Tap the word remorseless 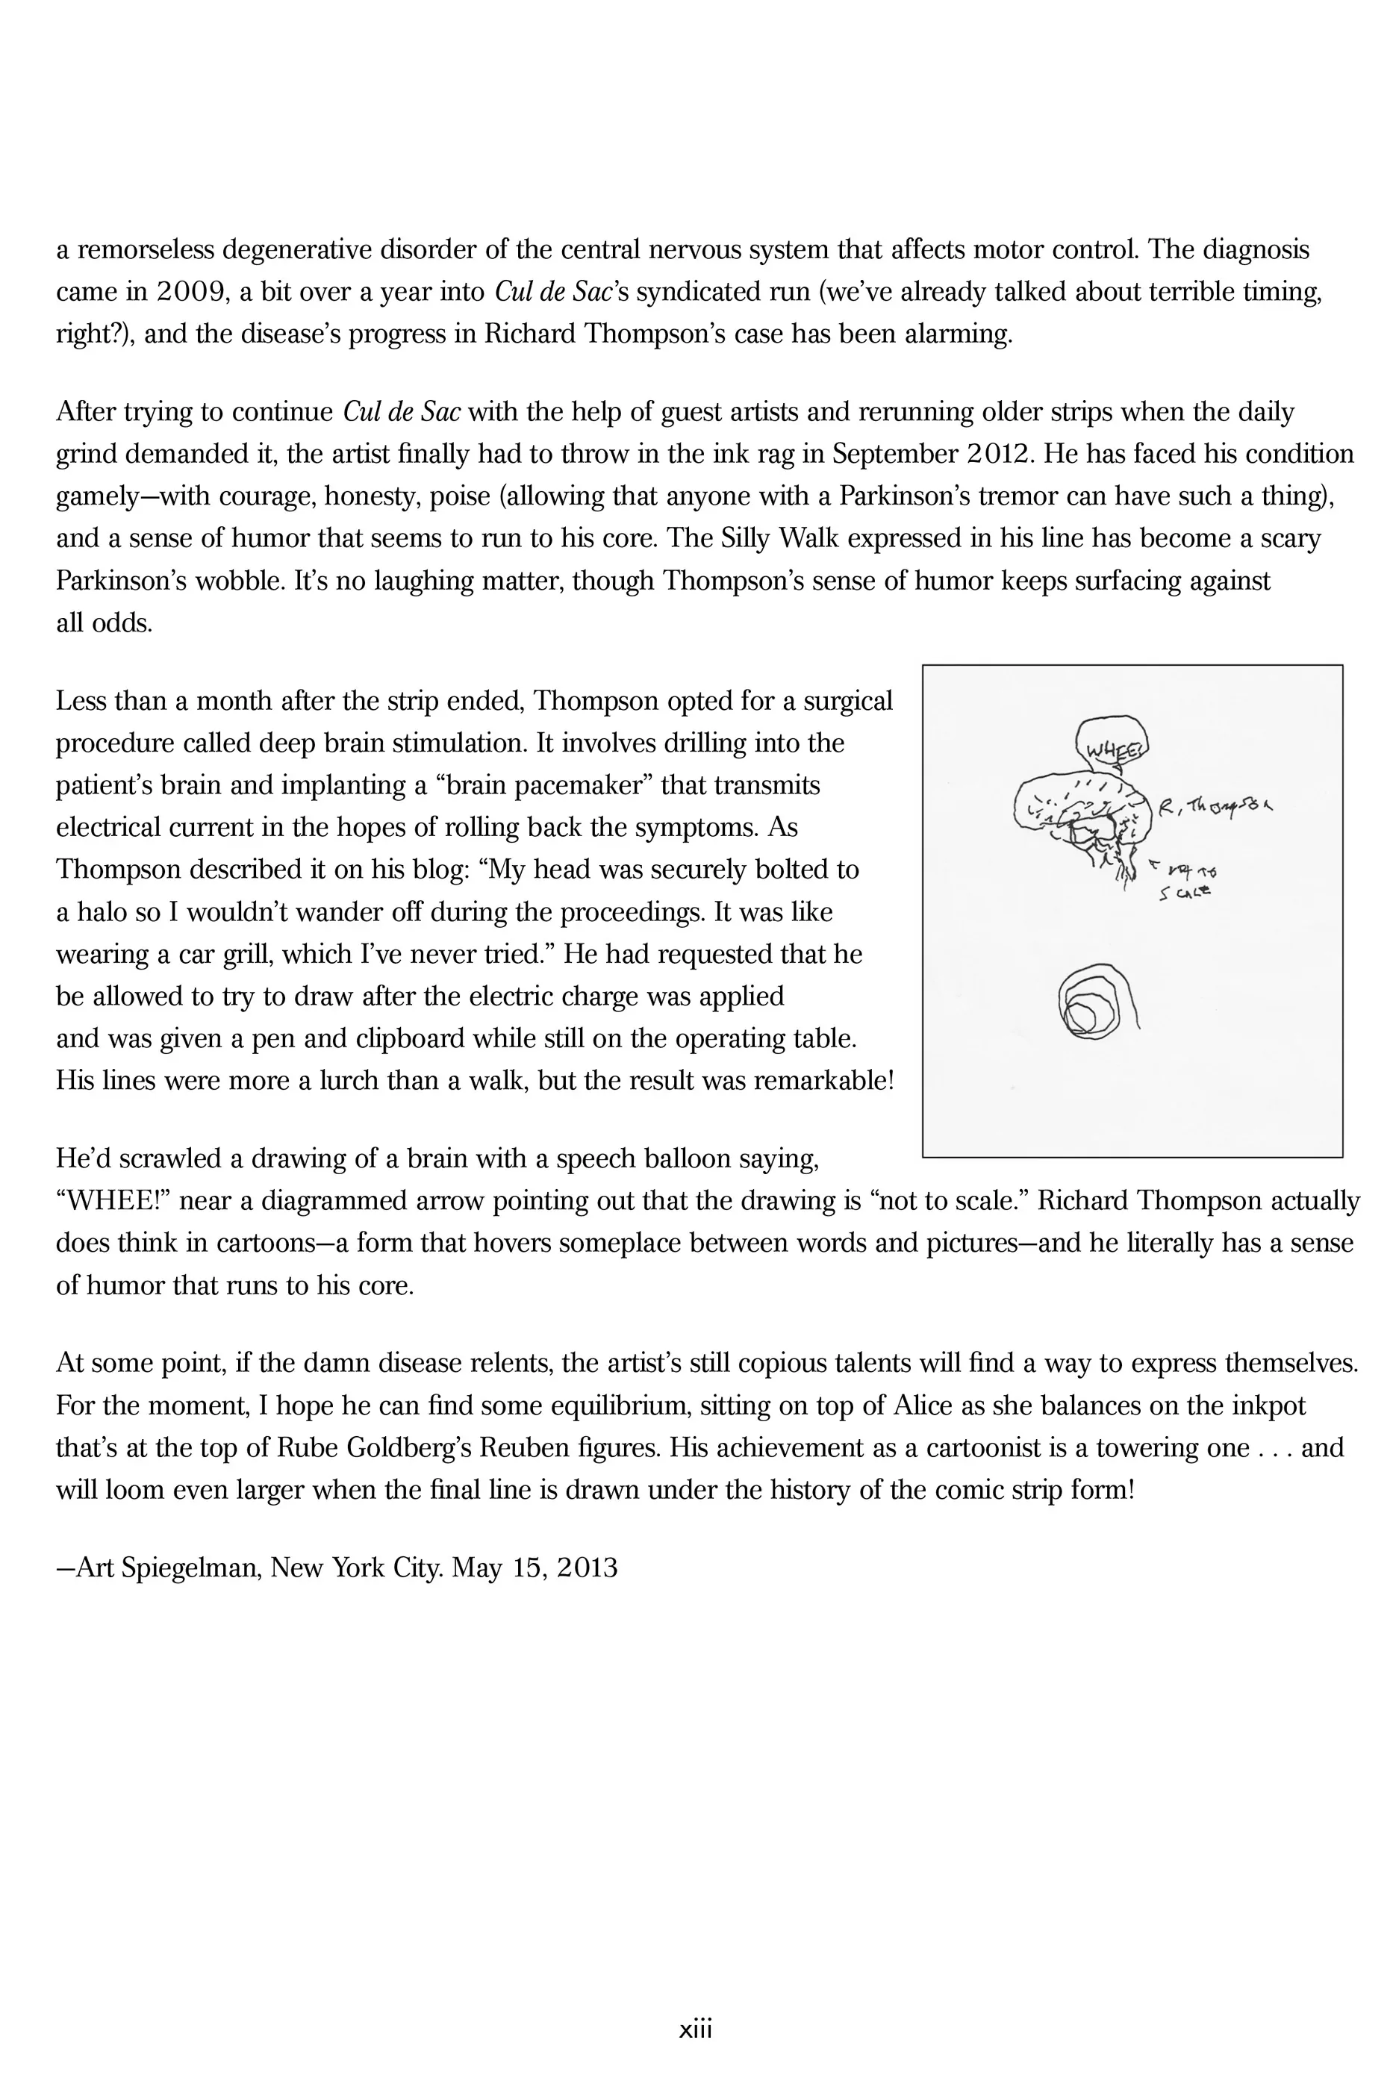click(143, 249)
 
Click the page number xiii click(696, 2030)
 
